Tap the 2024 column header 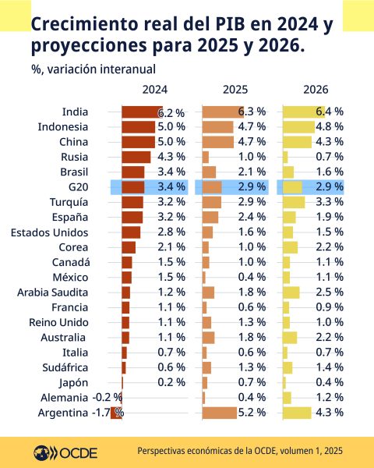[x=154, y=90]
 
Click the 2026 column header [x=314, y=90]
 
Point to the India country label [x=75, y=112]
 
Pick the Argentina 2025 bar [x=220, y=413]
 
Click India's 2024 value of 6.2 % [x=171, y=113]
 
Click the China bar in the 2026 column [x=297, y=142]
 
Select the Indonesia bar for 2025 [x=217, y=127]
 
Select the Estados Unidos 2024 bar [x=131, y=232]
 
